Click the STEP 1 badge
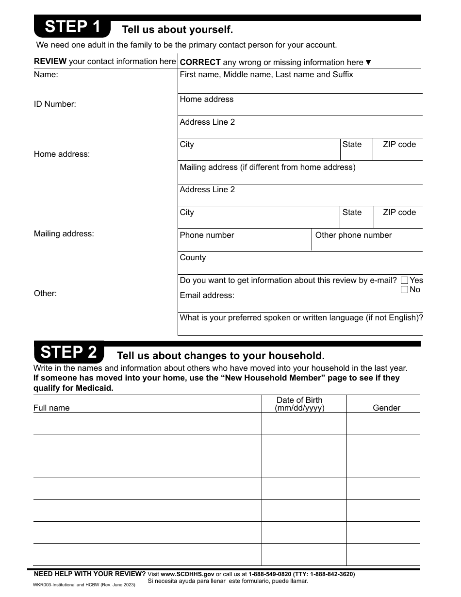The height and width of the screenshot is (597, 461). click(x=72, y=27)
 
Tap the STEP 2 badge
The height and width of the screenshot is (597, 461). click(x=69, y=352)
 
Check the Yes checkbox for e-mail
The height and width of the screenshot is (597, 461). click(x=404, y=281)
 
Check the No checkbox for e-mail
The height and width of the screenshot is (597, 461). click(x=404, y=290)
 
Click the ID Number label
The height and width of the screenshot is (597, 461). click(x=55, y=104)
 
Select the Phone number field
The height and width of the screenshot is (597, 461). click(x=245, y=240)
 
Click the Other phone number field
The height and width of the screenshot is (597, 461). click(x=367, y=240)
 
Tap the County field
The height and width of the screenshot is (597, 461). click(x=300, y=263)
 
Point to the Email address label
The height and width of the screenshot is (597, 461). click(x=207, y=296)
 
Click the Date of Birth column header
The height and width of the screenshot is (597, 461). click(x=299, y=404)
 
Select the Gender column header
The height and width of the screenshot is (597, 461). click(x=386, y=408)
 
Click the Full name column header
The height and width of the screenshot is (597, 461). click(x=51, y=408)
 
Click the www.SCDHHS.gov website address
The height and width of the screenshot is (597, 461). click(x=187, y=574)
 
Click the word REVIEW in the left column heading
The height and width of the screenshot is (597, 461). click(x=50, y=62)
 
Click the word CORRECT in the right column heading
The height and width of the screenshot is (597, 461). click(x=200, y=62)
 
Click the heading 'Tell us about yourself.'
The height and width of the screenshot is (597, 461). click(x=177, y=30)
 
